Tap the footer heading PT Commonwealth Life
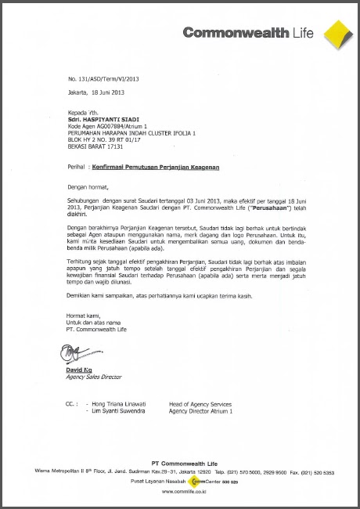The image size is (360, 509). pyautogui.click(x=180, y=465)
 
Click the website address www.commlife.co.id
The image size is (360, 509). pyautogui.click(x=180, y=491)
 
